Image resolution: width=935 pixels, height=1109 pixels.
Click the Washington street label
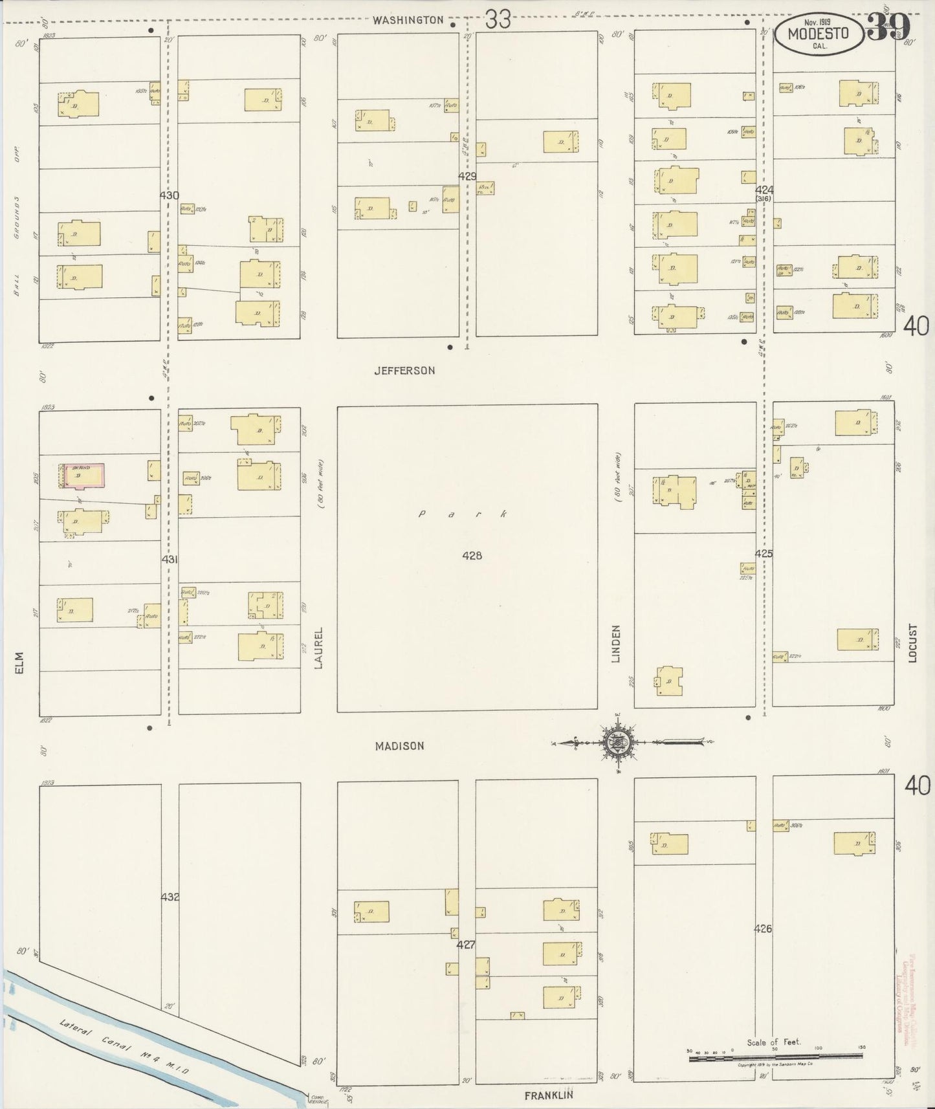pyautogui.click(x=409, y=21)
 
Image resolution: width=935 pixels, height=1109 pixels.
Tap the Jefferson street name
pyautogui.click(x=404, y=371)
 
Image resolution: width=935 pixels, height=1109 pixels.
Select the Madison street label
pyautogui.click(x=400, y=746)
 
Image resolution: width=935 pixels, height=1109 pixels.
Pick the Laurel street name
pyautogui.click(x=318, y=646)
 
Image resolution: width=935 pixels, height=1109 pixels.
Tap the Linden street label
pyautogui.click(x=616, y=643)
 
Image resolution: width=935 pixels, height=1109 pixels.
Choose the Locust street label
pyautogui.click(x=912, y=643)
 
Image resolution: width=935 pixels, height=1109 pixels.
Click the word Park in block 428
pyautogui.click(x=462, y=514)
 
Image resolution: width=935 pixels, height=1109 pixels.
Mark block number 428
pyautogui.click(x=472, y=555)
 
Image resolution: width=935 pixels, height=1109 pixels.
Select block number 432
pyautogui.click(x=170, y=897)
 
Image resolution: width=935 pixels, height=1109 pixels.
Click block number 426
pyautogui.click(x=764, y=929)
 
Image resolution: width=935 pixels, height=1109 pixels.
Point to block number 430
pyautogui.click(x=170, y=195)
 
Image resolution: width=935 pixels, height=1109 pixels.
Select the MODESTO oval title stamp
pyautogui.click(x=819, y=34)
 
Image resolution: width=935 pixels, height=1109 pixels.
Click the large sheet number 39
pyautogui.click(x=889, y=27)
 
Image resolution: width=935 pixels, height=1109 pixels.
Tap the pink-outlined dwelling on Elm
pyautogui.click(x=83, y=476)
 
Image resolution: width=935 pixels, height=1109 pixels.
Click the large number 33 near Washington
pyautogui.click(x=498, y=20)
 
